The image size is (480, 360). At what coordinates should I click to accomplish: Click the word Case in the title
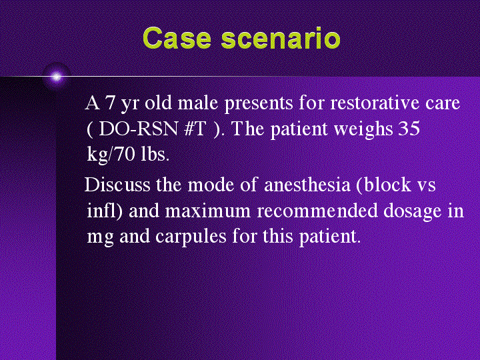click(x=178, y=38)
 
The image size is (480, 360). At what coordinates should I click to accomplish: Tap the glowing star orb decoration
click(x=56, y=77)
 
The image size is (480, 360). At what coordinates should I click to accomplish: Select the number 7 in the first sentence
click(x=110, y=104)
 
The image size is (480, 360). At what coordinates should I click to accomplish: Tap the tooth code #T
click(x=195, y=129)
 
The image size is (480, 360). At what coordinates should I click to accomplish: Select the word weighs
click(x=359, y=129)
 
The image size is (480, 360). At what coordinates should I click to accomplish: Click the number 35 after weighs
click(x=408, y=129)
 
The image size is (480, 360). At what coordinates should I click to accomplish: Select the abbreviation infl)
click(x=104, y=211)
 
